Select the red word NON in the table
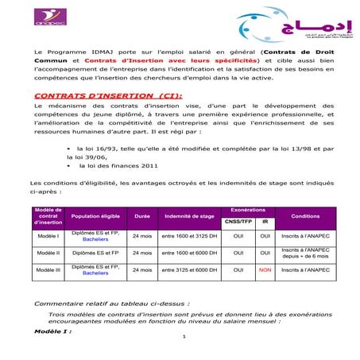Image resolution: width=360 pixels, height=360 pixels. click(x=265, y=270)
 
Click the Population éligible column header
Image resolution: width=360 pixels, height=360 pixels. click(x=95, y=215)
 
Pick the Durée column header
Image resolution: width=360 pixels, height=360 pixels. click(x=142, y=215)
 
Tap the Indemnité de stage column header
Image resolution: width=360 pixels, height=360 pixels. click(x=188, y=215)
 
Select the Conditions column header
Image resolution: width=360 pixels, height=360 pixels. click(x=306, y=215)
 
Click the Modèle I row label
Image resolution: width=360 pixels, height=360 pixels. click(x=48, y=236)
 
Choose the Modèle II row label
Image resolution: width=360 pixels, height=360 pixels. click(x=48, y=253)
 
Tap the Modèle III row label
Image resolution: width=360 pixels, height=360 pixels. click(x=48, y=270)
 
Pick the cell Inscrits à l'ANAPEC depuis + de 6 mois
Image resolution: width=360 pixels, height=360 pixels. click(x=306, y=253)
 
